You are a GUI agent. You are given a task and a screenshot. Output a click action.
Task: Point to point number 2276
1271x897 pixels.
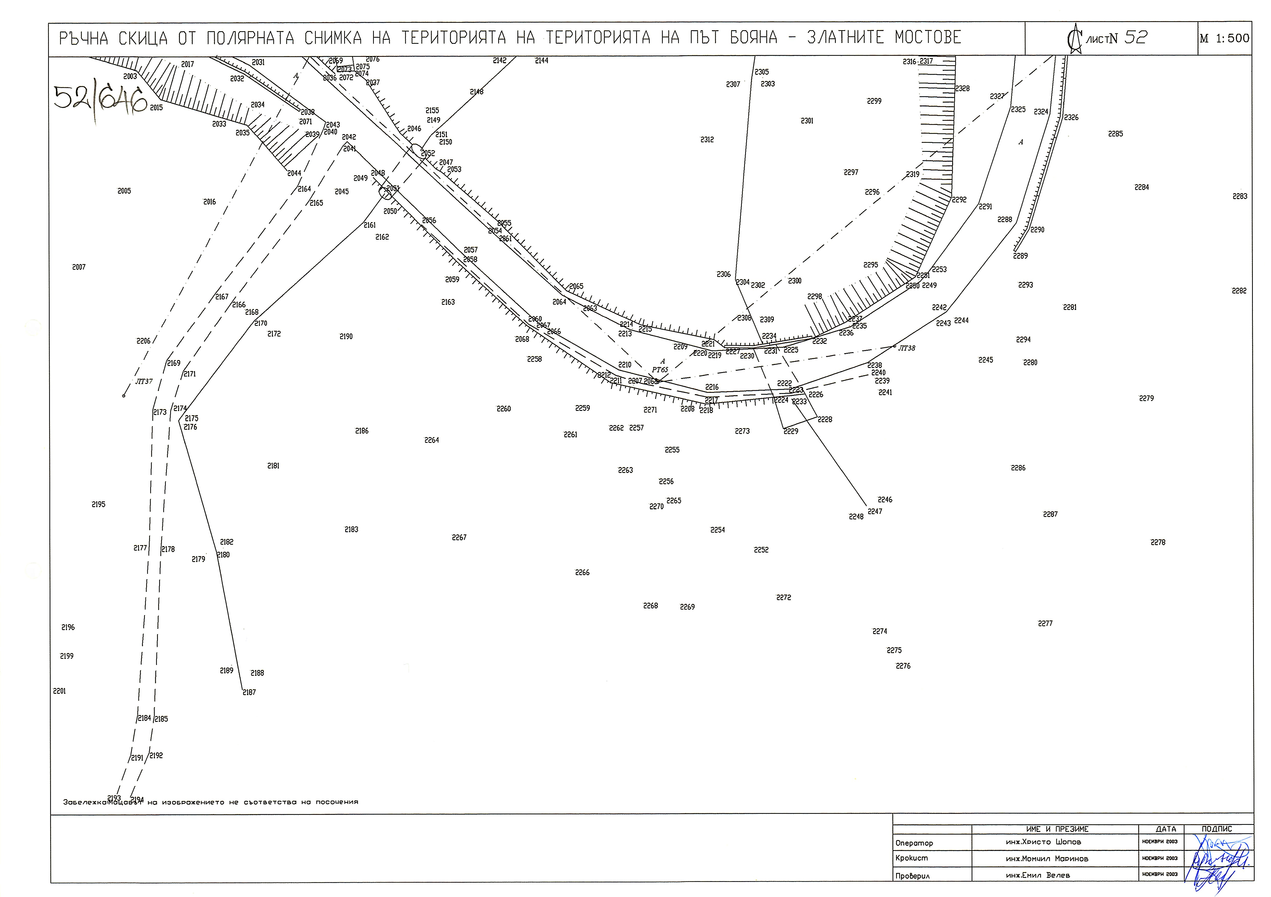[x=903, y=666]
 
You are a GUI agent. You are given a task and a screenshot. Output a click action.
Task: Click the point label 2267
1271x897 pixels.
[x=459, y=538]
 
